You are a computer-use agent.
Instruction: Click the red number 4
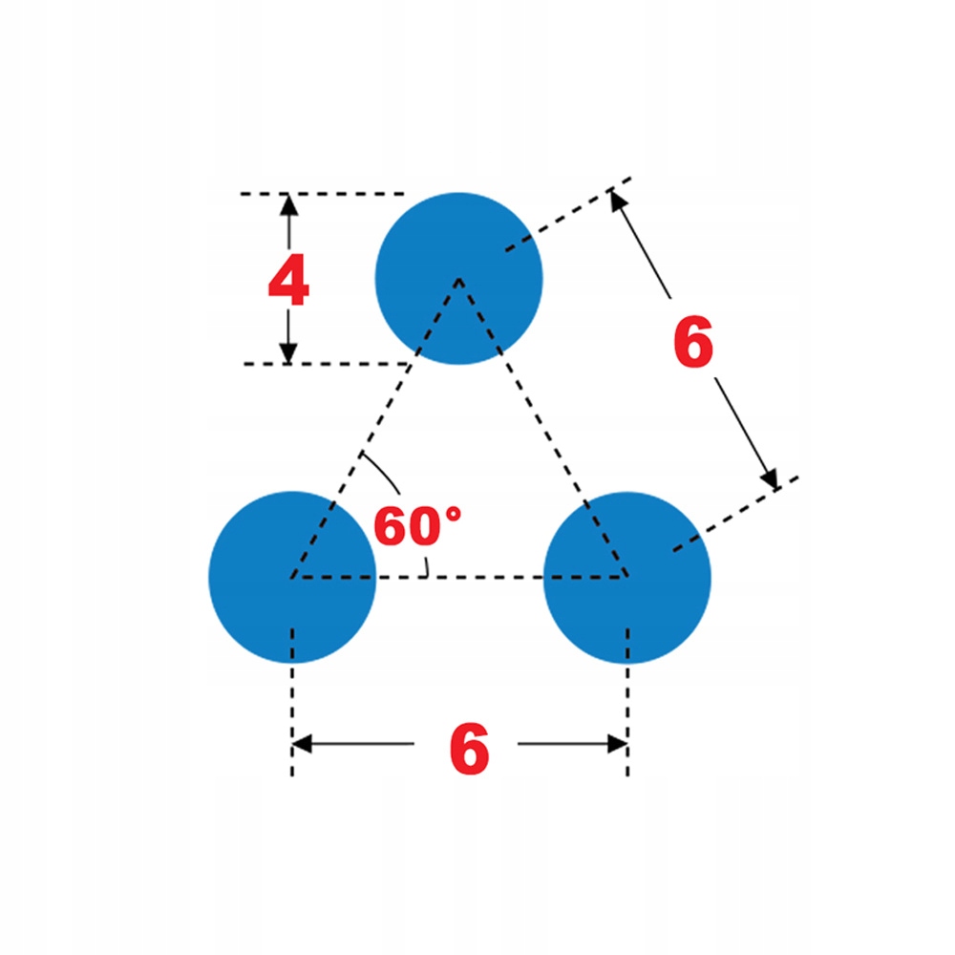click(287, 282)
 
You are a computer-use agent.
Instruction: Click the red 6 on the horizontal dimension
click(469, 750)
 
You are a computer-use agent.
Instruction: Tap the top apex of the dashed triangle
click(459, 279)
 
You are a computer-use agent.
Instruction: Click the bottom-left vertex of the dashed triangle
click(292, 577)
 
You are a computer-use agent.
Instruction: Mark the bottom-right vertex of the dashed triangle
click(627, 577)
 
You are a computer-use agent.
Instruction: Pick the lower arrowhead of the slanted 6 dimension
click(770, 478)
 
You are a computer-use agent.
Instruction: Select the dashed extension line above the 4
click(325, 194)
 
